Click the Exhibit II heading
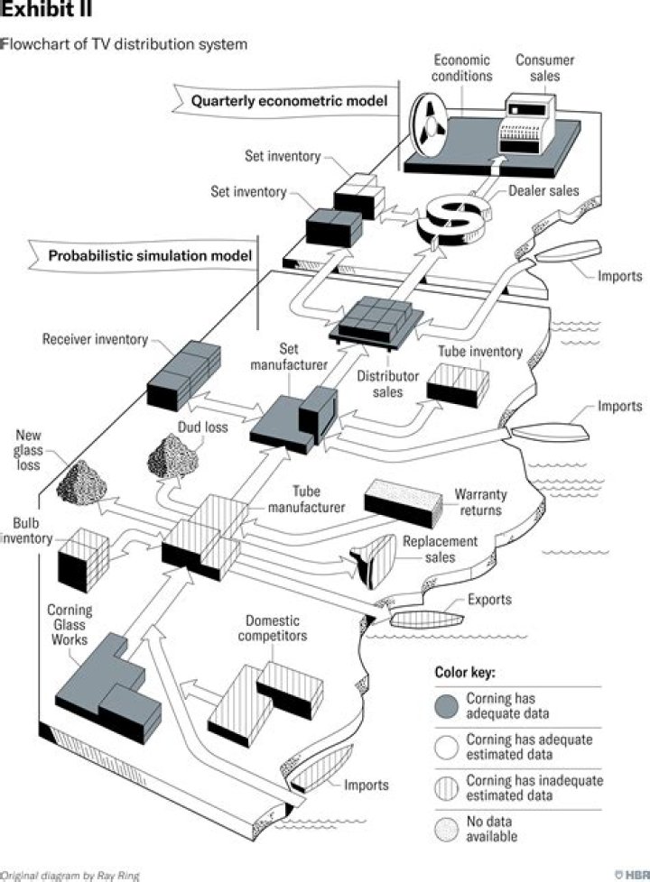[45, 12]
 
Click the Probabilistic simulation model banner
[149, 255]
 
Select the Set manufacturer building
[294, 418]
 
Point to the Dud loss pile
[173, 455]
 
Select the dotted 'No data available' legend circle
[445, 828]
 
